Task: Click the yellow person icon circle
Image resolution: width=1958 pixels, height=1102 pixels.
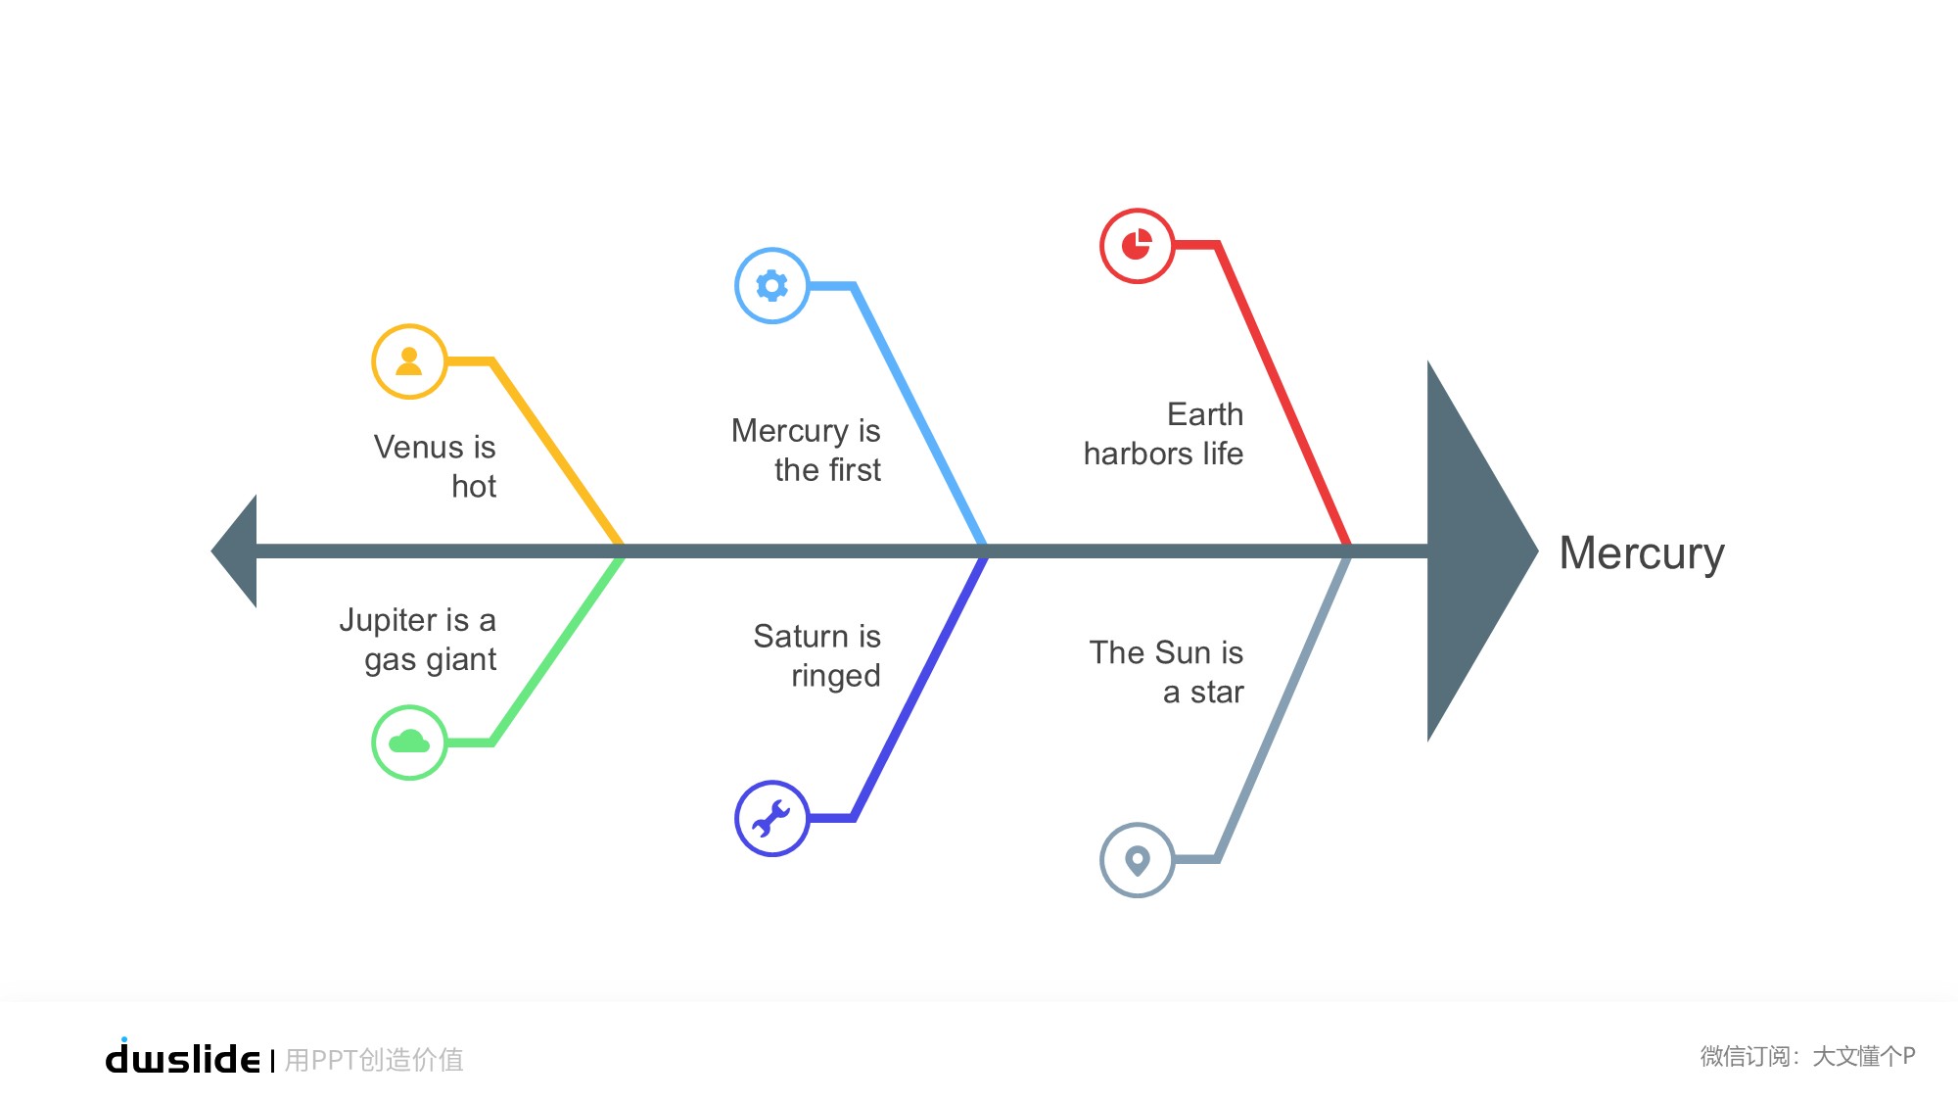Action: tap(409, 361)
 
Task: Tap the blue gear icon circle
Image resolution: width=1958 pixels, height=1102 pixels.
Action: tap(772, 285)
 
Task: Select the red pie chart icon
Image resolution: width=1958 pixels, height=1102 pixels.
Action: tap(1137, 245)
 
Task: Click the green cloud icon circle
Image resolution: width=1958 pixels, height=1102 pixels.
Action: tap(409, 743)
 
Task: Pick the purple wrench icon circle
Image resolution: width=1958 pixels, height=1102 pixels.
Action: tap(772, 818)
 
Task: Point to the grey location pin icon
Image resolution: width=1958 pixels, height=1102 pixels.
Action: tap(1137, 860)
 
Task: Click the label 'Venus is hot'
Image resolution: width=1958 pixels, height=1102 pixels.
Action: tap(435, 466)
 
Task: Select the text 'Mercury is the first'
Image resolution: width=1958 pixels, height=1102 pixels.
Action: tap(806, 450)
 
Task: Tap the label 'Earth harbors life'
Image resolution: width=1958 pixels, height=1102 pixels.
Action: tap(1163, 434)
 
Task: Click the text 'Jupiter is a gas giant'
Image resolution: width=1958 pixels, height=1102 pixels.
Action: tap(418, 640)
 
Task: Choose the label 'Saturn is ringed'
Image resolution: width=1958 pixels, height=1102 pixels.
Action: tap(817, 655)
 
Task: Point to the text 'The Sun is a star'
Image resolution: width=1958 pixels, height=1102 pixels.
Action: tap(1166, 672)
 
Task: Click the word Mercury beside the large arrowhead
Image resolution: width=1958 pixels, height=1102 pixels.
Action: tap(1642, 553)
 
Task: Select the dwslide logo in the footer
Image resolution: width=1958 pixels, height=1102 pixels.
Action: tap(183, 1056)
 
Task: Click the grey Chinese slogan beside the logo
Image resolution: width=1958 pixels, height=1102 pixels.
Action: tap(374, 1060)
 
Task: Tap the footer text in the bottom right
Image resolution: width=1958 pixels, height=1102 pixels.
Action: tap(1807, 1056)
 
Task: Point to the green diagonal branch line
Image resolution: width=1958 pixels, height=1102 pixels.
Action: tap(557, 648)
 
